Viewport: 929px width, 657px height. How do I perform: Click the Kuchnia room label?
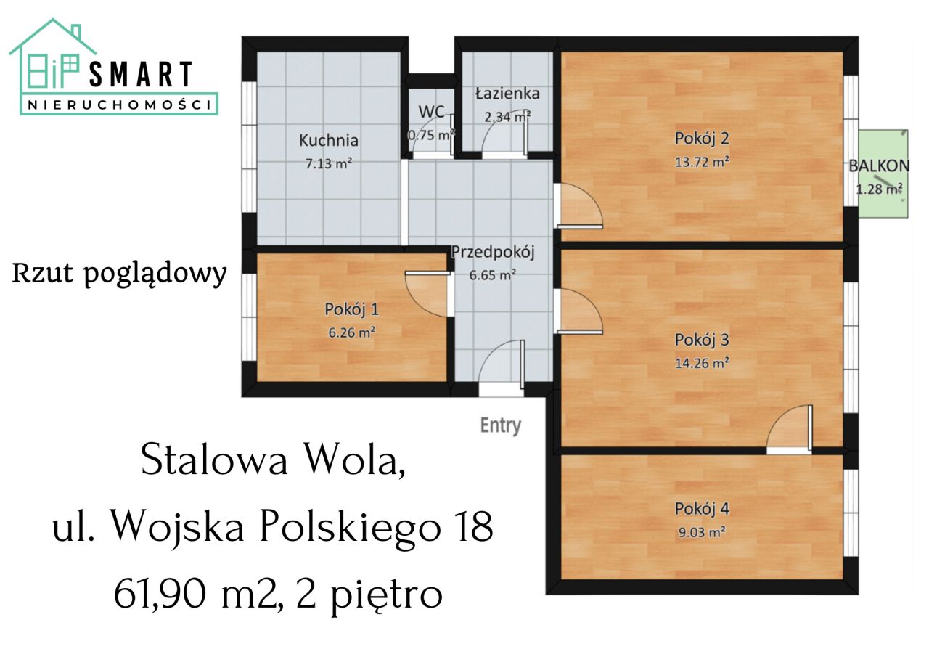(x=329, y=140)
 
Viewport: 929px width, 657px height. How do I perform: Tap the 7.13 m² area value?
(x=329, y=163)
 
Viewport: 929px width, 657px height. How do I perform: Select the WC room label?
(x=431, y=113)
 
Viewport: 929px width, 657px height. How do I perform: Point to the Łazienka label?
(x=507, y=94)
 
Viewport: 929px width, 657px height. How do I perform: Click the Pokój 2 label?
(x=701, y=138)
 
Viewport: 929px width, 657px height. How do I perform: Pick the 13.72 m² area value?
(x=701, y=161)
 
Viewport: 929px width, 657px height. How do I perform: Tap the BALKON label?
(x=879, y=166)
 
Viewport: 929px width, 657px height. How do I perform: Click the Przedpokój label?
(x=493, y=253)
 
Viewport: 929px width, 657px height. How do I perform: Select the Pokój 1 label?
(x=351, y=309)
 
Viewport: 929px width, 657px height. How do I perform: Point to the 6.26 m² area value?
(x=351, y=332)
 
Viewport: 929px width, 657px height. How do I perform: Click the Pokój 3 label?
(x=701, y=339)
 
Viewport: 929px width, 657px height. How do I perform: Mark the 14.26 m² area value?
(x=701, y=362)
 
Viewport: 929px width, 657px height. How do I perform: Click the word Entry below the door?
(x=501, y=425)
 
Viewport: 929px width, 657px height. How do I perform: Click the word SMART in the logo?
(x=141, y=76)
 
